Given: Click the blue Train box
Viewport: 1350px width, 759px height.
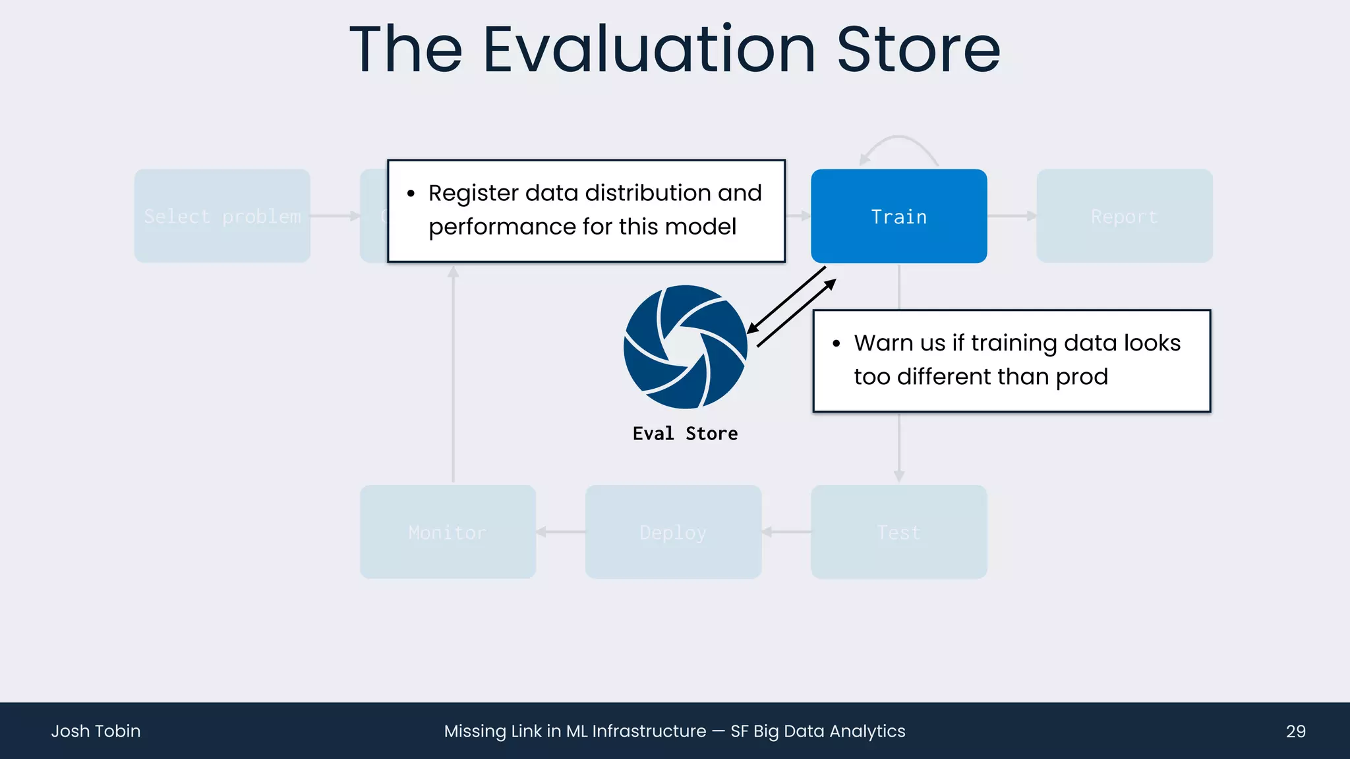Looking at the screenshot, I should click(898, 216).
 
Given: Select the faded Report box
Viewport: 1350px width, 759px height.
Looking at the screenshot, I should click(1124, 216).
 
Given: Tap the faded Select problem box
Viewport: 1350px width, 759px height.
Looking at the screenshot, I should click(222, 216).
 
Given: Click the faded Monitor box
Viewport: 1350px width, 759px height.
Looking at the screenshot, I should click(448, 532).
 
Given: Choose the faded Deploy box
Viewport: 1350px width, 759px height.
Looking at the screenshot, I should click(673, 532).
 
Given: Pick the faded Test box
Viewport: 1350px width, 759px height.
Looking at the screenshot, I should click(898, 532).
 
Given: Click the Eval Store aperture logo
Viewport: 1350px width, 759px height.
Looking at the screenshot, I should click(685, 347).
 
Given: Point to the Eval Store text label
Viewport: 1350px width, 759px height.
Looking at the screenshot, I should click(685, 434).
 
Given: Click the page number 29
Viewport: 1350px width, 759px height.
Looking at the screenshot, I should click(1295, 731).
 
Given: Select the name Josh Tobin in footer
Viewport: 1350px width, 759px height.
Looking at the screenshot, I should click(96, 731).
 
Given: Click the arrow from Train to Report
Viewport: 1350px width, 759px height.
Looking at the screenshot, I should click(1012, 216).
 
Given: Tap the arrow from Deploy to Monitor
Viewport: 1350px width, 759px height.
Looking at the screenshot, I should click(560, 532).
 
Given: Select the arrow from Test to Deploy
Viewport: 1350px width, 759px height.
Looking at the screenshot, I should click(786, 532).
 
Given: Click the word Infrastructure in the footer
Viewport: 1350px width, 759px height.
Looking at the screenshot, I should click(649, 731).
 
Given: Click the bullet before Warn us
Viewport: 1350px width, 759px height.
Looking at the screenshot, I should click(836, 343).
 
